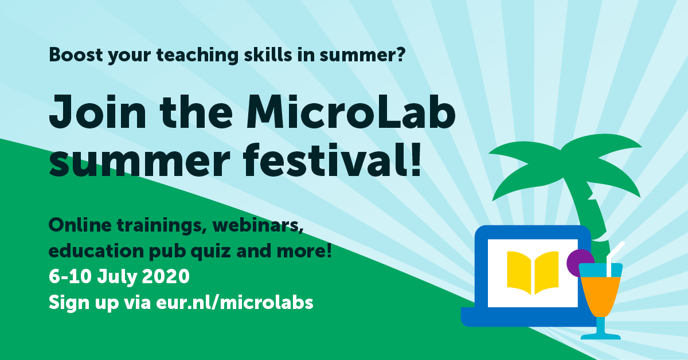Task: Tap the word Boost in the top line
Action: point(76,55)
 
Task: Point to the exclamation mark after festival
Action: point(416,159)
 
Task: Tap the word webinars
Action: point(257,225)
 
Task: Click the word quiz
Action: point(210,252)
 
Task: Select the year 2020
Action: point(166,276)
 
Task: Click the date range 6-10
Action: point(71,276)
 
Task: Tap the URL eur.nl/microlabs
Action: point(234,302)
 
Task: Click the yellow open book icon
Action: point(533,273)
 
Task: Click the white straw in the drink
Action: point(613,257)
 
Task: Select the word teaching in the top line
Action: point(197,55)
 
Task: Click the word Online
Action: point(80,225)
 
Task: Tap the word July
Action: point(118,276)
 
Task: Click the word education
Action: point(96,251)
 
